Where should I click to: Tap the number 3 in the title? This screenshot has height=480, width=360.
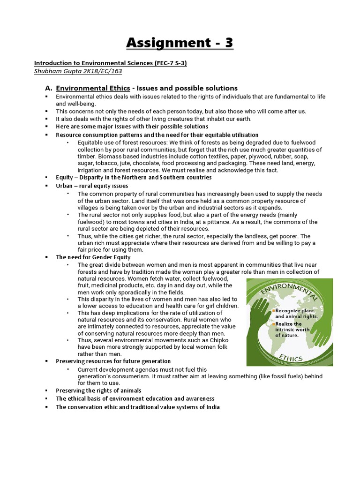tap(227, 43)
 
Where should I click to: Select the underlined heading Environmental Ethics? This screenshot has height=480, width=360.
tap(93, 88)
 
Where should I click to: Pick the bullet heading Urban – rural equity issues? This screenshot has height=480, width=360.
tap(92, 186)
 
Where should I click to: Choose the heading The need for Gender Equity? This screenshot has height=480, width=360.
tap(93, 257)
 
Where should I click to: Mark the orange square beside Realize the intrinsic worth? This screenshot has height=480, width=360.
tap(273, 324)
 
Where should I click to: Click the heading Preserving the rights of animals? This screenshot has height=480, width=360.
tap(98, 390)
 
